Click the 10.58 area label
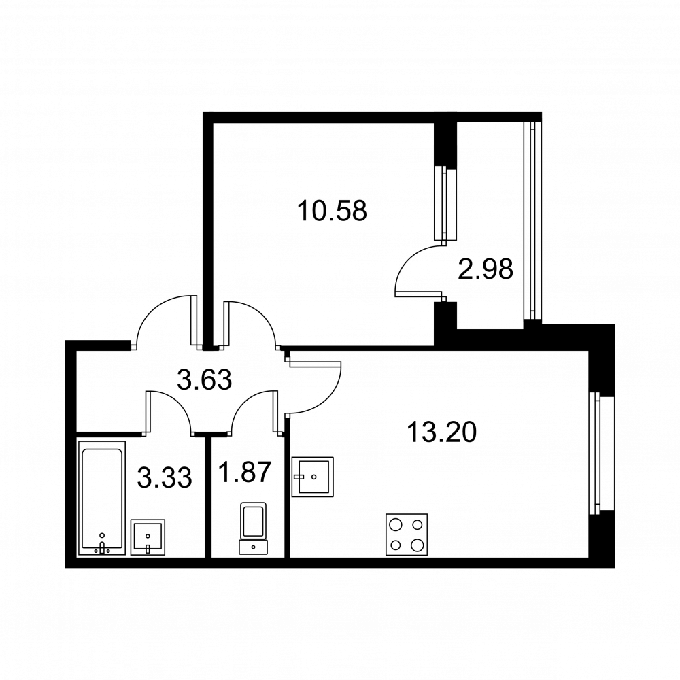coord(333,211)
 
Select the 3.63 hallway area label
coord(205,379)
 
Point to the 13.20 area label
coord(442,432)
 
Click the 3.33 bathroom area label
coord(165,478)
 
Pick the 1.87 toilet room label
coord(245,472)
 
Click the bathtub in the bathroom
coord(102,498)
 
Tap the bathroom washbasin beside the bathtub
coord(148,537)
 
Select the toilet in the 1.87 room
coord(253,528)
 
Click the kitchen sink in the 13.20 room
coord(313,476)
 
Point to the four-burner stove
coord(407,534)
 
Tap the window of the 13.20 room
coord(601,453)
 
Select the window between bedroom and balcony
coord(446,203)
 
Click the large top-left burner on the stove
coord(396,525)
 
